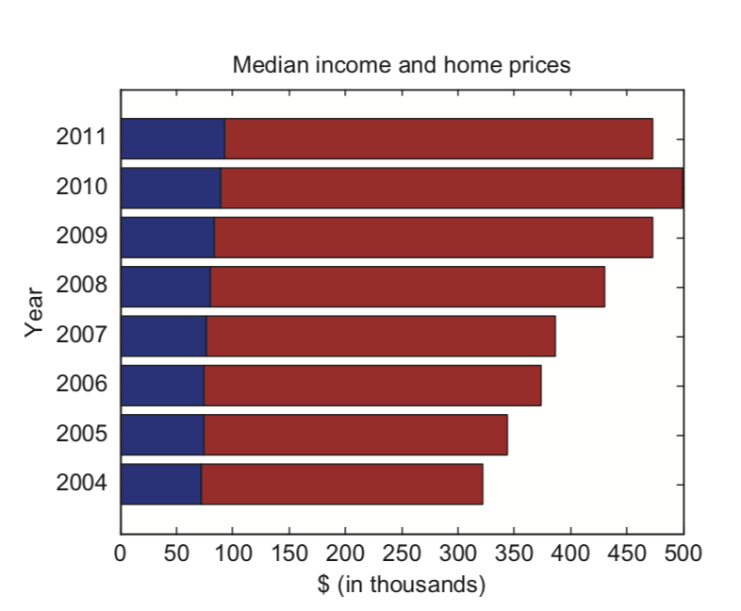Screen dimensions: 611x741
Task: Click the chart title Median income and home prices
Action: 402,65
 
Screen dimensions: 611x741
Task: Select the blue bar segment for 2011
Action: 173,139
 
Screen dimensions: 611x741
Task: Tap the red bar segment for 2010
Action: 452,188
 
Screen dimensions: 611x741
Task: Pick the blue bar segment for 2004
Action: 160,484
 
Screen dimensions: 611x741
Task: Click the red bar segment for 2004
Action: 341,484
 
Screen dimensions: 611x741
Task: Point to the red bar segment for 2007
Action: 380,336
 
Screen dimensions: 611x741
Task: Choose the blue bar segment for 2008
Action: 165,287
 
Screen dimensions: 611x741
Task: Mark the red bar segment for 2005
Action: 355,435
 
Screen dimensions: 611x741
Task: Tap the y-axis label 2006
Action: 82,385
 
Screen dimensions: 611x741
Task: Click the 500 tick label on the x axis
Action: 683,553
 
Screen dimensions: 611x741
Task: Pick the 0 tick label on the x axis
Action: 121,553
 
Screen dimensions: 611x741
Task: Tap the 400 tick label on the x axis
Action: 570,553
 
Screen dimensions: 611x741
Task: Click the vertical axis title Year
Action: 35,311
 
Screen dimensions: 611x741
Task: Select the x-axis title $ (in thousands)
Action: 402,585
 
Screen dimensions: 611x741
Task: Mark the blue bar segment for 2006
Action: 162,385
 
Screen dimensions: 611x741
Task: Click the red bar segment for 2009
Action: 433,237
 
